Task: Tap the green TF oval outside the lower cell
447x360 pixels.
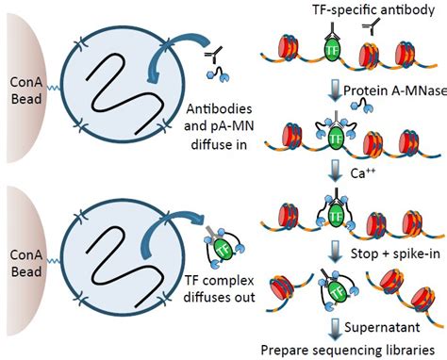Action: [x=223, y=249]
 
